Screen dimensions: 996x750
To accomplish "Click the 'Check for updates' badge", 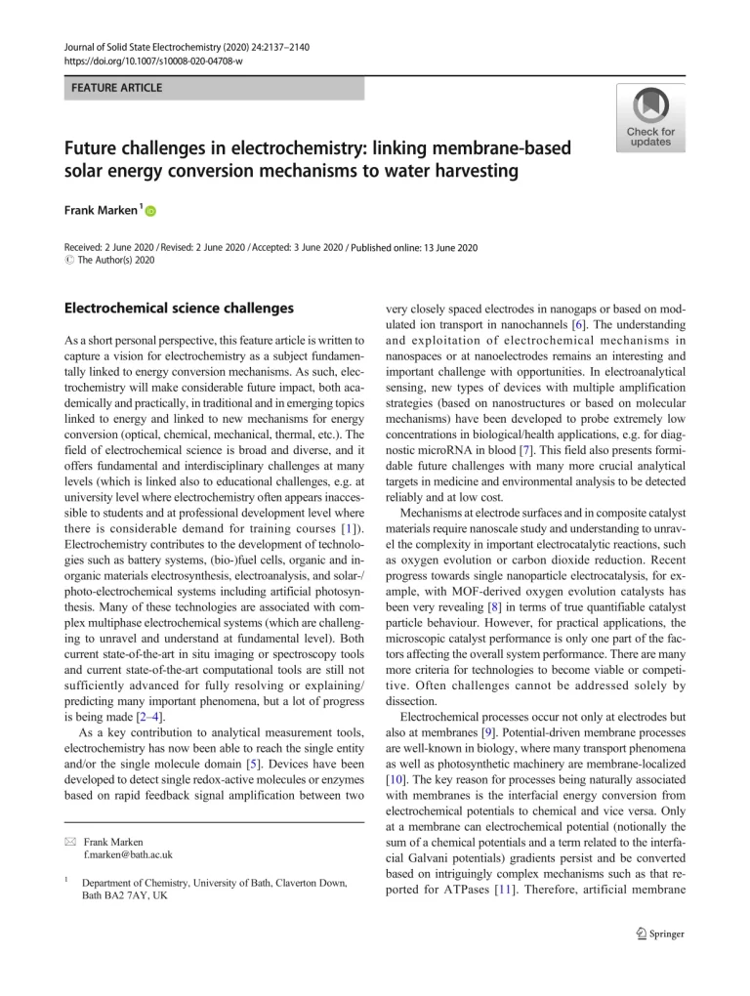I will pos(650,118).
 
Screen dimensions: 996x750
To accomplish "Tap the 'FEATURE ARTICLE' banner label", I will pos(115,88).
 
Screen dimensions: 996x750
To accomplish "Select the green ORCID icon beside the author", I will pos(151,211).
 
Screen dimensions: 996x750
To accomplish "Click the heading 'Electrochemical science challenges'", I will pos(179,308).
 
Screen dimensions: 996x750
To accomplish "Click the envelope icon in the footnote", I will pos(68,840).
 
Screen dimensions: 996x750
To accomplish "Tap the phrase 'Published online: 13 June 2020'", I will pos(414,248).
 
